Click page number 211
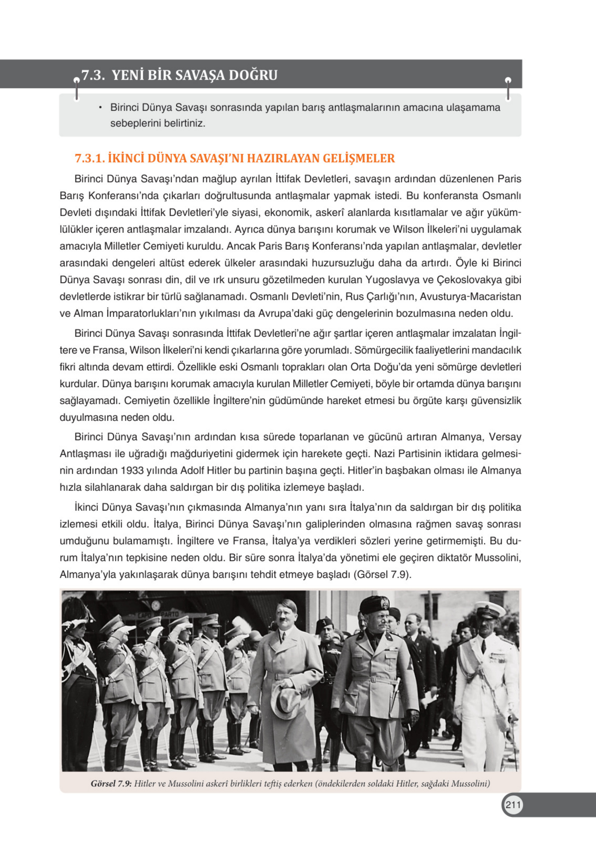(x=513, y=805)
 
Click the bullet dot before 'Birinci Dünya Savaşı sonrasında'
(x=100, y=108)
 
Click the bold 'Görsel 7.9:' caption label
(x=111, y=784)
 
